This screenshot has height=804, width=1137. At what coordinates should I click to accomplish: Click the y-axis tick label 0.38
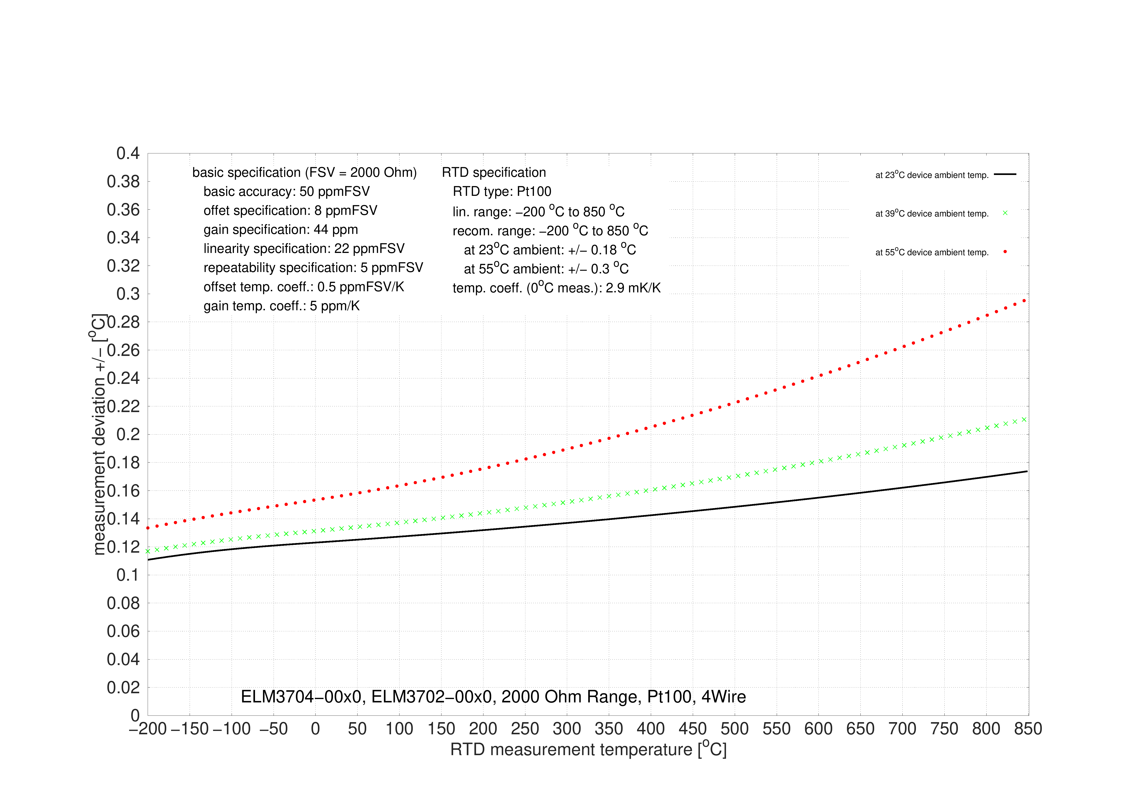[x=123, y=182]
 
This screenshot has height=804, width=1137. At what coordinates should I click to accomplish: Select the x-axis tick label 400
[x=651, y=729]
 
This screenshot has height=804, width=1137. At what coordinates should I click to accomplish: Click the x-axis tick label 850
[x=1028, y=729]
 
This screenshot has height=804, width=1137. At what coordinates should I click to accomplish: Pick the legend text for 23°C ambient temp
[x=932, y=175]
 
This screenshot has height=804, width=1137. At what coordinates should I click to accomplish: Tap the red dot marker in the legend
[x=1005, y=252]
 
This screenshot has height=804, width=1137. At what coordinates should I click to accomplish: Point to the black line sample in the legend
[x=1005, y=174]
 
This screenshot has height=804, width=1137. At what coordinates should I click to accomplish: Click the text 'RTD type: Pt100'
[x=502, y=191]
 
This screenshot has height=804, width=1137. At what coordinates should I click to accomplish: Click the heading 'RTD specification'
[x=494, y=172]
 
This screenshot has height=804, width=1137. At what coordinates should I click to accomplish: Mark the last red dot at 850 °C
[x=1024, y=300]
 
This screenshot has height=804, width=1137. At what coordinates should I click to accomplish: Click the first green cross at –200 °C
[x=148, y=551]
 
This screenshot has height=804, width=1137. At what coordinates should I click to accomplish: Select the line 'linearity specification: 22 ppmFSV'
[x=304, y=249]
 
